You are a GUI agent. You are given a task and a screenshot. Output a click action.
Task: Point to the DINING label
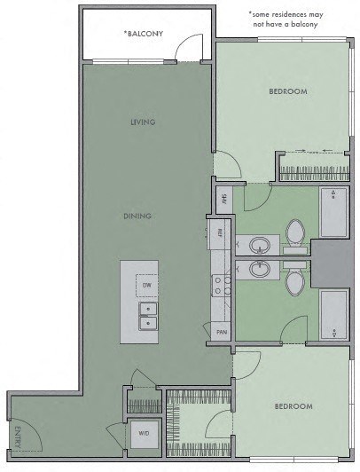coord(137,216)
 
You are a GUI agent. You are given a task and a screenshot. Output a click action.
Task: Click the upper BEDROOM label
coord(288,91)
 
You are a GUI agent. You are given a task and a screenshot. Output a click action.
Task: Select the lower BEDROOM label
coord(293,406)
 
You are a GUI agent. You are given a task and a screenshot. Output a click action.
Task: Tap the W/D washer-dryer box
coord(144,435)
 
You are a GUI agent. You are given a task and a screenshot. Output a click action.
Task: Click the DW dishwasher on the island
coord(146,286)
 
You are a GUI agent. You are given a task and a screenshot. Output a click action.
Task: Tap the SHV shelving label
coord(224,198)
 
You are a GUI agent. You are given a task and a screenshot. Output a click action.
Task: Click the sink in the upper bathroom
coord(261,244)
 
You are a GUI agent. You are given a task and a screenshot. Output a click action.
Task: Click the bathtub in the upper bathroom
coord(333,213)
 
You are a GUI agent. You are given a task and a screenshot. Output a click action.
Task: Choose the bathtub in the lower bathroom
coord(333,315)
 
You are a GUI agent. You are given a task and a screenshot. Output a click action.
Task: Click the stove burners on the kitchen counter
coord(222,283)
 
